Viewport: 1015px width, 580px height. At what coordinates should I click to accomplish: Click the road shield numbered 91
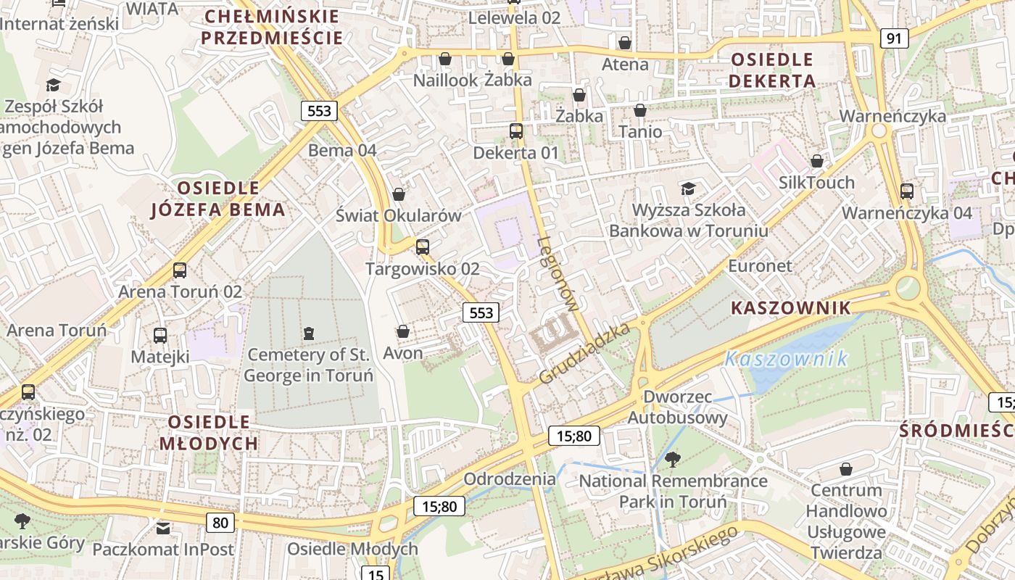pos(895,38)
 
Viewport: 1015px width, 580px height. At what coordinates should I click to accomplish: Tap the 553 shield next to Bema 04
pos(319,111)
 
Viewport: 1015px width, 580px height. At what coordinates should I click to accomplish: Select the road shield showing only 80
pos(220,522)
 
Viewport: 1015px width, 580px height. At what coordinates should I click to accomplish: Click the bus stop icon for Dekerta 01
pos(516,131)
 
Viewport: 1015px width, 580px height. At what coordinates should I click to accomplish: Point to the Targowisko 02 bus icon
pos(423,247)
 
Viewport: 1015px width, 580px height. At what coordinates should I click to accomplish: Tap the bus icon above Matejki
pos(160,336)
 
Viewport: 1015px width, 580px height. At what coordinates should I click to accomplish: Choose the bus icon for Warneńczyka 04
pos(907,191)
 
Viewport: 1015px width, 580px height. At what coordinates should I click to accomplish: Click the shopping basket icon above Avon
pos(403,331)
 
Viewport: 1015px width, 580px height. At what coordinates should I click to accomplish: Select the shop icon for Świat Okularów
pos(399,194)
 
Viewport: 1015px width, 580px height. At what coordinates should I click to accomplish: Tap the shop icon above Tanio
pos(640,110)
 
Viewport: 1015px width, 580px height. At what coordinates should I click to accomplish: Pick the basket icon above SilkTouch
pos(817,161)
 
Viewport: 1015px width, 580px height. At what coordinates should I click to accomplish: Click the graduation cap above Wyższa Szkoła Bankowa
pos(688,189)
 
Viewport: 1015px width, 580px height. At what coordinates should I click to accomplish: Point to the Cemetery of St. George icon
pos(310,333)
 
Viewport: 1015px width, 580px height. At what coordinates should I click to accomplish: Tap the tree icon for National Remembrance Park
pos(673,459)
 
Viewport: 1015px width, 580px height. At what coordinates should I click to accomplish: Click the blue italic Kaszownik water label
pos(786,359)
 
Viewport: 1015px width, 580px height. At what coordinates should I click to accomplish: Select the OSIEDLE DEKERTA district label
pos(772,70)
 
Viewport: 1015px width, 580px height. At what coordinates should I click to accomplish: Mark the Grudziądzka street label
pos(586,354)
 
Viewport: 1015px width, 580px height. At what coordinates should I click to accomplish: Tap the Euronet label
pos(760,266)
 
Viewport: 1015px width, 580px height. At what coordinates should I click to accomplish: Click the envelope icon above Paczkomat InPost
pos(163,529)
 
